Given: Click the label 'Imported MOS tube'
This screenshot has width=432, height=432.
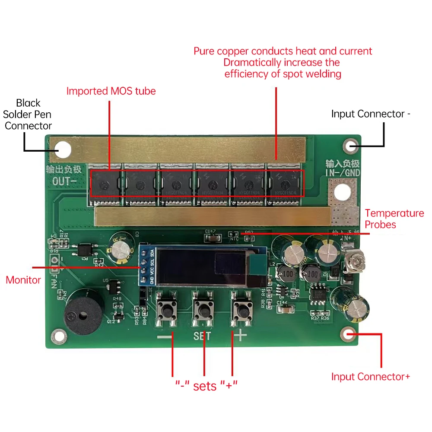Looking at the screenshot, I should coord(111,91).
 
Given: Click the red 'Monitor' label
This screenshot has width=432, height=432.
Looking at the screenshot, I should coord(23,280).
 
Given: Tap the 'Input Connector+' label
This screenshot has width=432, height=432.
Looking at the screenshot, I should coord(371,377).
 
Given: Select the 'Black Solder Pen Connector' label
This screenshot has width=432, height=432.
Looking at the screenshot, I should coord(28,114).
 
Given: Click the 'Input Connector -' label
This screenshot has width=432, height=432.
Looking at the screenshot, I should coord(371,114).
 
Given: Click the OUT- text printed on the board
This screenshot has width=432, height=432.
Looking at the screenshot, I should coord(64,181).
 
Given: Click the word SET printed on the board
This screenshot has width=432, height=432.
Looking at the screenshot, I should coord(202,336).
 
